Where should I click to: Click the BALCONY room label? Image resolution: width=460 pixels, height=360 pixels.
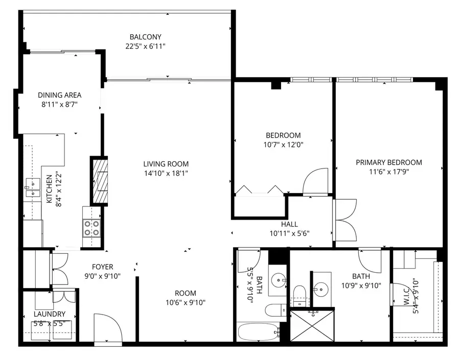point(145,37)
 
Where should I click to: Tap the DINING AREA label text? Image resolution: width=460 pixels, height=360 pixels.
point(60,95)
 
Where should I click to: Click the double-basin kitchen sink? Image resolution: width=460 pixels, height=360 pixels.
point(32,187)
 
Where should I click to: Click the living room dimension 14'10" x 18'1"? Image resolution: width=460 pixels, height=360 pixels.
point(166,173)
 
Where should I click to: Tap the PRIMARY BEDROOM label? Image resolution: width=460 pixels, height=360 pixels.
point(389,162)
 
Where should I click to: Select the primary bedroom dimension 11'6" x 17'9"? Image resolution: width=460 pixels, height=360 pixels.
point(389,172)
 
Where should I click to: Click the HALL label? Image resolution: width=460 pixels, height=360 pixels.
point(289,224)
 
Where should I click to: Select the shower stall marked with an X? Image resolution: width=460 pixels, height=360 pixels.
point(312,326)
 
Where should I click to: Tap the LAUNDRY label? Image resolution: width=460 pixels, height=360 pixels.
point(50,314)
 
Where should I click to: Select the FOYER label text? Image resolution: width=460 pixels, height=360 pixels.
point(102,267)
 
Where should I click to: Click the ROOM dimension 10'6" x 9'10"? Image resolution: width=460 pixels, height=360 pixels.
point(186,302)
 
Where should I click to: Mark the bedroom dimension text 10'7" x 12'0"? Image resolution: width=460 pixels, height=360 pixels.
point(283,145)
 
